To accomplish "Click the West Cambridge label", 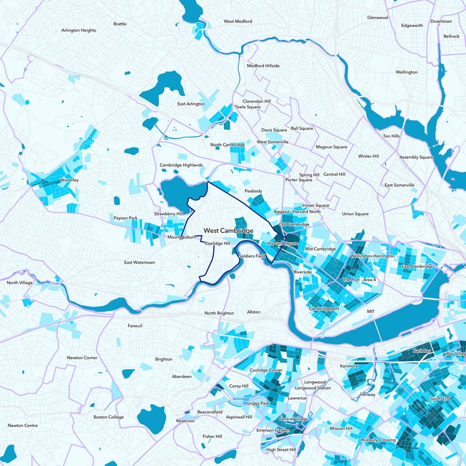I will [x=228, y=231].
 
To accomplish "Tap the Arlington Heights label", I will [x=79, y=30].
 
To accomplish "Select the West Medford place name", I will [x=238, y=22].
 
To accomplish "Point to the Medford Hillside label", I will [x=263, y=66].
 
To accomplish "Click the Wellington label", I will [x=407, y=72].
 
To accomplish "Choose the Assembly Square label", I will [x=416, y=157].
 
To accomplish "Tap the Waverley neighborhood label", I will [x=69, y=181].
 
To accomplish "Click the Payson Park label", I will [x=125, y=218].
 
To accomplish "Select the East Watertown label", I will [x=140, y=263].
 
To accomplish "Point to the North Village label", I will [x=20, y=283].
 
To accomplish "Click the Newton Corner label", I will [x=82, y=358].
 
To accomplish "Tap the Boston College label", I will [x=109, y=417].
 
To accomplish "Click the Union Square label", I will [x=355, y=214].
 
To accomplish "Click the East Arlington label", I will [x=191, y=104].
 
